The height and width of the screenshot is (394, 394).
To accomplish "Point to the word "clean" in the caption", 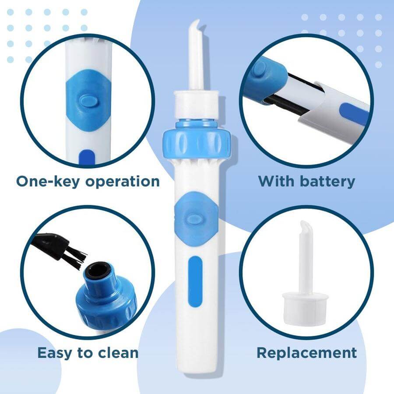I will tap(116, 352).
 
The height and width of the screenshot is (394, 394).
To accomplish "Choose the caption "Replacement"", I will tap(306, 352).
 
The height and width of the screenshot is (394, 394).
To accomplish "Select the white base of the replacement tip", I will tap(305, 305).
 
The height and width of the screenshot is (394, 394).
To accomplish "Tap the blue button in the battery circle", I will tap(260, 69).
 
